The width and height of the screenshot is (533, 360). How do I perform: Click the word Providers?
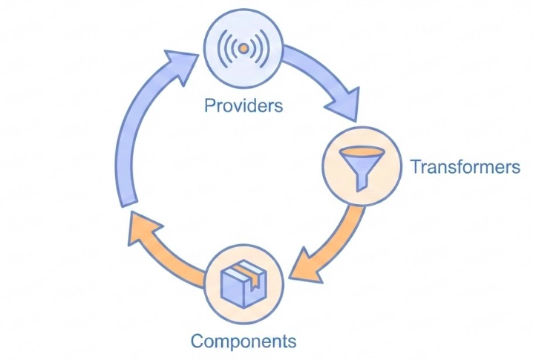pyautogui.click(x=243, y=105)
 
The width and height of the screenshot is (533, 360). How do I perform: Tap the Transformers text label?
pyautogui.click(x=465, y=166)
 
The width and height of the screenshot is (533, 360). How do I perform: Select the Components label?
pyautogui.click(x=243, y=341)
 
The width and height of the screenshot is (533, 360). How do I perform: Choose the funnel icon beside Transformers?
pyautogui.click(x=361, y=167)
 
